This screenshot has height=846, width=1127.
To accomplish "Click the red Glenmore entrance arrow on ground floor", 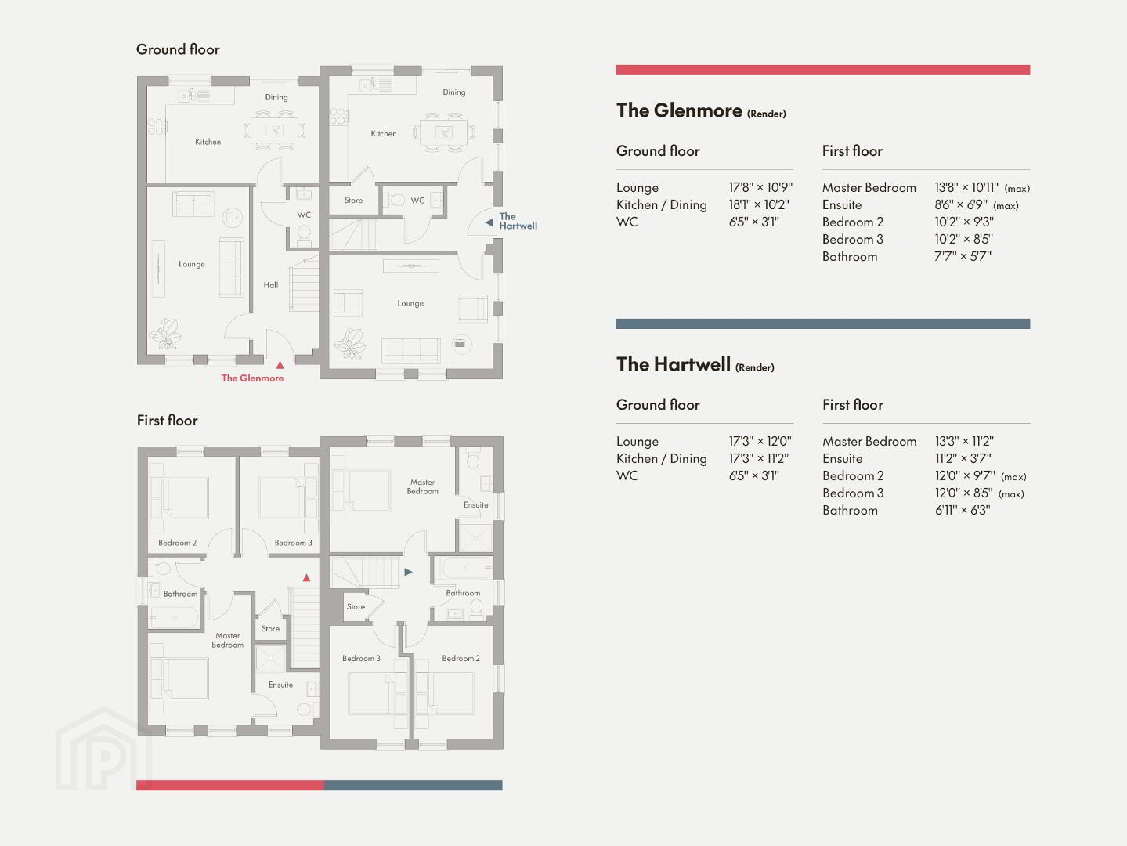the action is (280, 365).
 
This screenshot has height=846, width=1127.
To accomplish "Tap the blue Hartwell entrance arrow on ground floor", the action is (489, 222).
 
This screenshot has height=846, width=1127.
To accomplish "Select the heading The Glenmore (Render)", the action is (701, 111).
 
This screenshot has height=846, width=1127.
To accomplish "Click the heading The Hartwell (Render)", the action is (695, 364).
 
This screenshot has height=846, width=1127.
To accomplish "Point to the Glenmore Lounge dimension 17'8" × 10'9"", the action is (760, 187).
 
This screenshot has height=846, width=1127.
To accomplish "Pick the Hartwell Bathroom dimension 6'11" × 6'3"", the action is (963, 510).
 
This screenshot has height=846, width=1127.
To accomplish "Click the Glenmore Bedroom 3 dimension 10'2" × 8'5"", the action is (964, 239).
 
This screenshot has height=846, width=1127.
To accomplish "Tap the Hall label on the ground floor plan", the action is (271, 285).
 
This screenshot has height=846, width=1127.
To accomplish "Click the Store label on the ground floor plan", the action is (353, 201).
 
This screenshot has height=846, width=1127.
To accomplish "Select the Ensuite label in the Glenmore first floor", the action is (280, 685).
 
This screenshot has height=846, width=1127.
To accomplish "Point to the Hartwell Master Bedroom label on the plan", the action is (423, 486).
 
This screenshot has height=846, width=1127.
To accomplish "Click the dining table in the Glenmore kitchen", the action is (274, 130).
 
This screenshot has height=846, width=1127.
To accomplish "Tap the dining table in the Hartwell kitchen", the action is (444, 132).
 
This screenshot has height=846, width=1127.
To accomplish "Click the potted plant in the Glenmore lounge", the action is (165, 334).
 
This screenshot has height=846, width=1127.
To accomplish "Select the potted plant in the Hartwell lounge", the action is (350, 343).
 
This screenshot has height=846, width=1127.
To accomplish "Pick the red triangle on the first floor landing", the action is (306, 577).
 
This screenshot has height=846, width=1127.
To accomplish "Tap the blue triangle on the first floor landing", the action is (408, 572).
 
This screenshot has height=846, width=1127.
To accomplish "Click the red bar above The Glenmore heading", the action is (823, 70).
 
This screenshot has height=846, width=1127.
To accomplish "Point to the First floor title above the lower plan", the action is (168, 421).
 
